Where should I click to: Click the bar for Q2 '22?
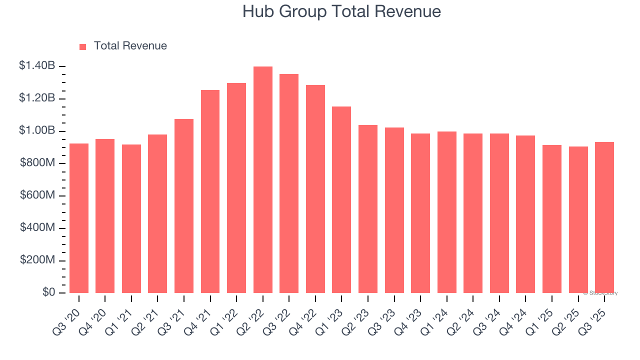click(x=263, y=180)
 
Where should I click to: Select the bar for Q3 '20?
click(x=79, y=218)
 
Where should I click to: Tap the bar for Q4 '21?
click(x=210, y=191)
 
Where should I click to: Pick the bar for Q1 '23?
click(x=341, y=200)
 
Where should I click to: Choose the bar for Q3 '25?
click(x=604, y=217)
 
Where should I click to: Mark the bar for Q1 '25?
click(x=552, y=219)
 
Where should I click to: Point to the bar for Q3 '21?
click(x=184, y=206)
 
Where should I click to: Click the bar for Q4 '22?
click(x=315, y=189)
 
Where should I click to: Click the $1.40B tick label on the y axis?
click(x=37, y=65)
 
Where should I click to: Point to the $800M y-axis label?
click(x=37, y=163)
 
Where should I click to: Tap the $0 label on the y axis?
click(x=48, y=292)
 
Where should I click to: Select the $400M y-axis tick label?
click(x=37, y=228)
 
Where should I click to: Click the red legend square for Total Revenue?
click(x=83, y=47)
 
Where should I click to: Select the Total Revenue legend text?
click(x=130, y=46)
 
